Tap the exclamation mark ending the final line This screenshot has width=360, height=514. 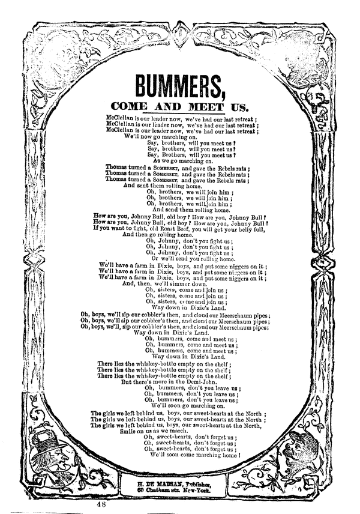click(238, 456)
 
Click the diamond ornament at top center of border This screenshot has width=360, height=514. click(180, 30)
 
